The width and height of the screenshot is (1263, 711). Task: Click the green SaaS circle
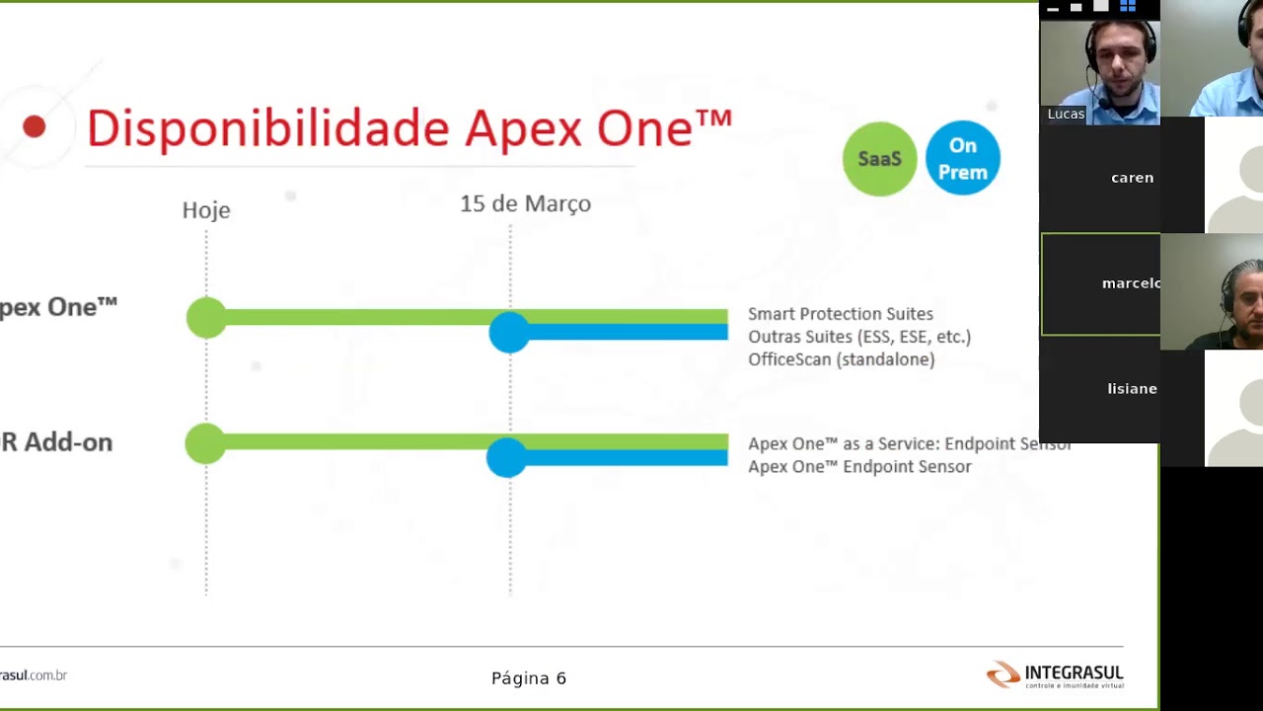click(879, 158)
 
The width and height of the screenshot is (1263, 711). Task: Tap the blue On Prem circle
click(962, 158)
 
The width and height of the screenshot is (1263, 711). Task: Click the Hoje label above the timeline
click(206, 210)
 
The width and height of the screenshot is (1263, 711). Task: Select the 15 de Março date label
click(525, 204)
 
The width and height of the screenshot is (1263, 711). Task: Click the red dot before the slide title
click(35, 126)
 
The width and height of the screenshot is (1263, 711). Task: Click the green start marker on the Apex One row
click(206, 318)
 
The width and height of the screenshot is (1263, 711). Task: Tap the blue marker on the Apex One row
click(509, 333)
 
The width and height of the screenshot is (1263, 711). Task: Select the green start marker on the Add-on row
click(205, 443)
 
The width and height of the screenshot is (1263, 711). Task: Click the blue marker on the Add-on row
click(507, 457)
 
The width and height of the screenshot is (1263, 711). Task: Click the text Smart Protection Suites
click(840, 314)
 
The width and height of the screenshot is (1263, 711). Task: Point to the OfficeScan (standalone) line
click(841, 359)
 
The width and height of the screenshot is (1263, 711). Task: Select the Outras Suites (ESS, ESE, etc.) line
click(858, 337)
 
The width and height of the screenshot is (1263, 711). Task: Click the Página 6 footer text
click(529, 678)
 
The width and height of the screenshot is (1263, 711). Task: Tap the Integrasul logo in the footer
click(1055, 675)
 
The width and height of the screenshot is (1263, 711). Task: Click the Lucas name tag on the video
click(1066, 114)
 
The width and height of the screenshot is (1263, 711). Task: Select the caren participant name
click(1132, 178)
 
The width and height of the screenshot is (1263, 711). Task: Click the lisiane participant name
click(1132, 389)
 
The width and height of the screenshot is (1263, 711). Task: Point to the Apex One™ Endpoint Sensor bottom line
click(859, 467)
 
